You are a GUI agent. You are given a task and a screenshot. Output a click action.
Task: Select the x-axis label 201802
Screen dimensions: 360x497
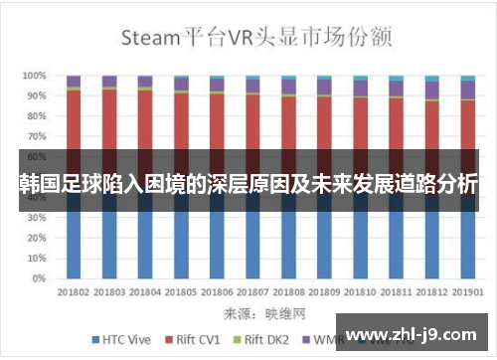[x=74, y=291]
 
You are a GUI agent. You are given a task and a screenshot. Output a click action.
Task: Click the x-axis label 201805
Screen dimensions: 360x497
[x=181, y=291]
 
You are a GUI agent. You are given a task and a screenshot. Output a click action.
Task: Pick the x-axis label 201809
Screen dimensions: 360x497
[x=325, y=291]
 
